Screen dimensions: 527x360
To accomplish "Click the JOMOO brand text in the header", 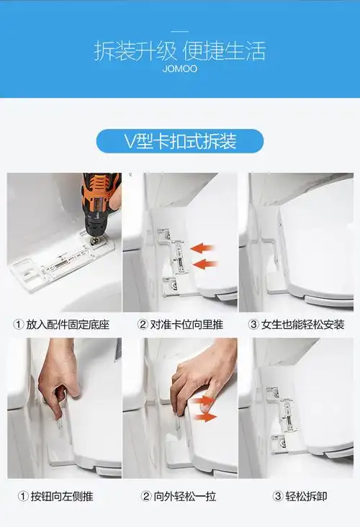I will pyautogui.click(x=180, y=70).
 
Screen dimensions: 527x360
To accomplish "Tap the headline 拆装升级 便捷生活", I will pyautogui.click(x=180, y=51).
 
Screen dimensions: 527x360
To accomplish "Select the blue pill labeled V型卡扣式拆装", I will pyautogui.click(x=180, y=140).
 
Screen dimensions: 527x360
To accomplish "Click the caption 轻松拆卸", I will pyautogui.click(x=302, y=496).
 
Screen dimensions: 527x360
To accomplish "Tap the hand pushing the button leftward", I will pyautogui.click(x=58, y=374).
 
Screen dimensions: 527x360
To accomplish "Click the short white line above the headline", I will pyautogui.click(x=180, y=31).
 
